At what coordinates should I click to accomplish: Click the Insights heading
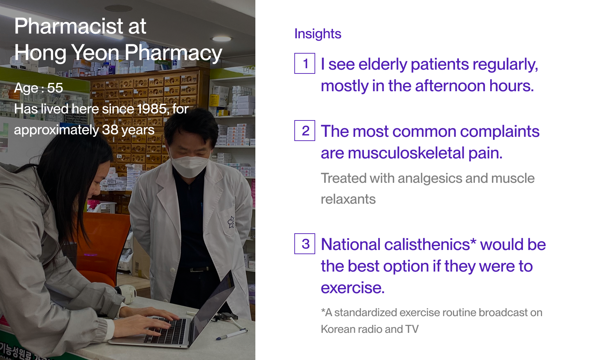(x=318, y=34)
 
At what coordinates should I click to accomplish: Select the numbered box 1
(x=305, y=63)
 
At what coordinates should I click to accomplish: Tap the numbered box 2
(x=305, y=131)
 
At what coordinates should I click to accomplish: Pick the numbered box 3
(x=305, y=244)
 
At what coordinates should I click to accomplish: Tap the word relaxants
(x=348, y=199)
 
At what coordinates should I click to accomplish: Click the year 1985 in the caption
(x=153, y=109)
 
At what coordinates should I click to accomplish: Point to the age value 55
(x=55, y=88)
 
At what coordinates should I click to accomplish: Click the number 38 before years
(x=110, y=130)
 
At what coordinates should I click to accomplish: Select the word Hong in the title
(x=40, y=53)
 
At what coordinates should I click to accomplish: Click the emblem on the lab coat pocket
(x=231, y=222)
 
